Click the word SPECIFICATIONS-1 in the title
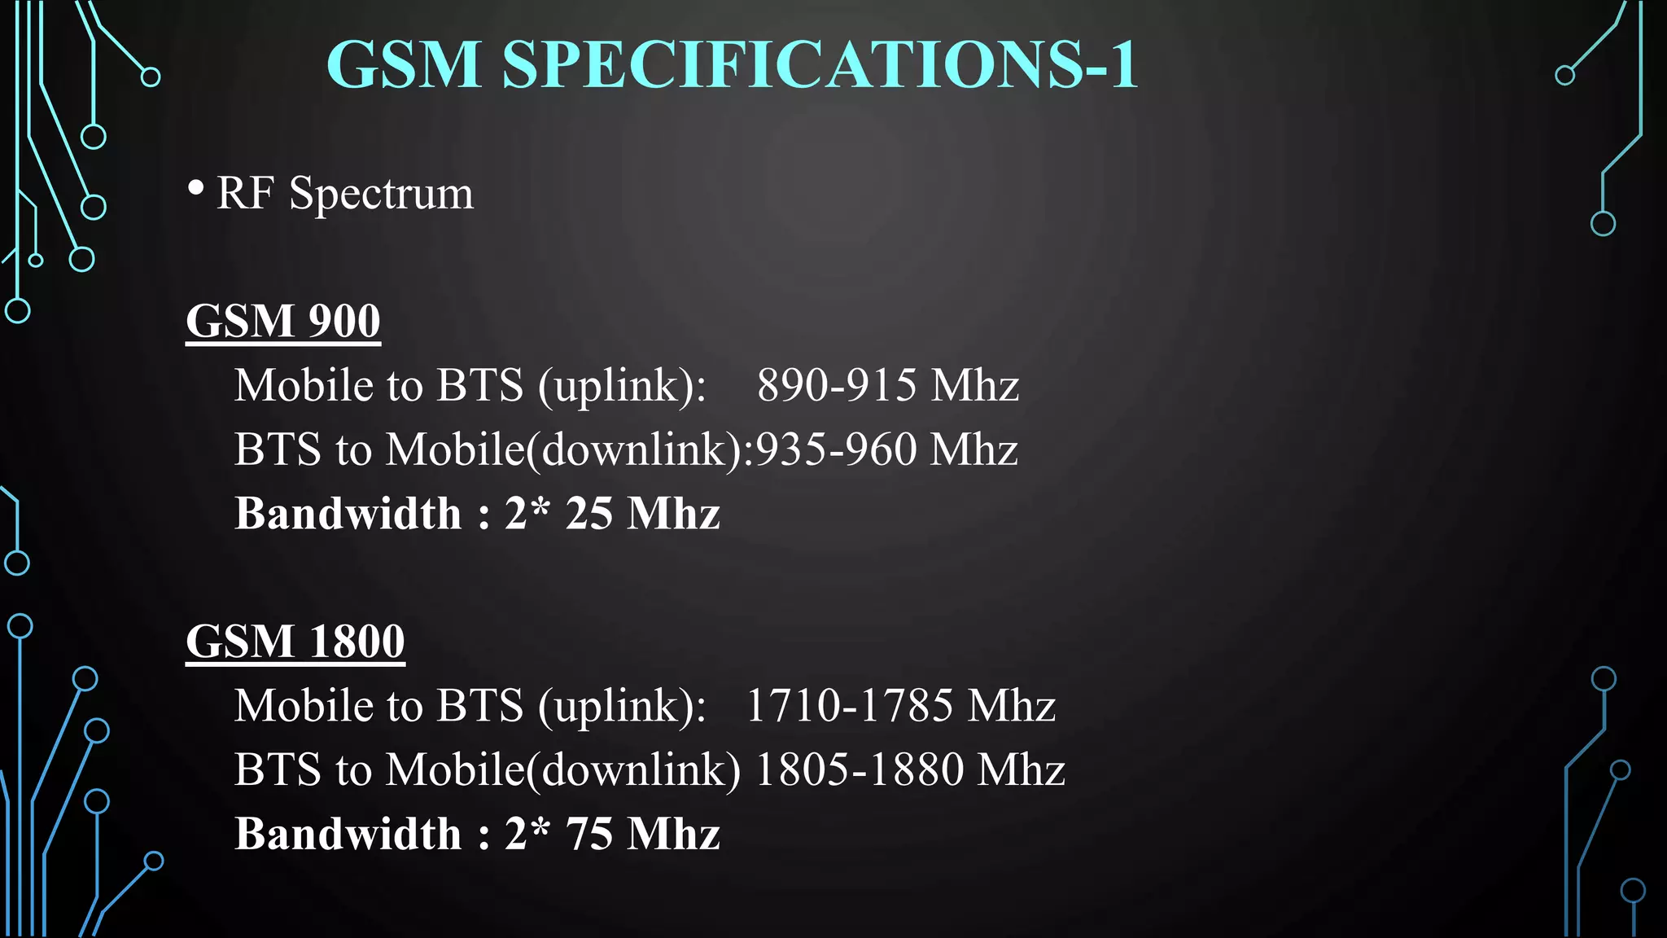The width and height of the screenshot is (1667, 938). click(x=820, y=64)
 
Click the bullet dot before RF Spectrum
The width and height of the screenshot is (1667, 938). click(x=195, y=188)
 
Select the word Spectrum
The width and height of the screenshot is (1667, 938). click(x=381, y=195)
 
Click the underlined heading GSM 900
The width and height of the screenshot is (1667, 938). click(x=283, y=321)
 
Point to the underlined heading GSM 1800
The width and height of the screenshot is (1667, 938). click(x=295, y=642)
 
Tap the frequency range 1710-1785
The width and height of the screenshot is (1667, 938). click(x=849, y=705)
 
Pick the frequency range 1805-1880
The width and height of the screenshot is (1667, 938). click(x=859, y=769)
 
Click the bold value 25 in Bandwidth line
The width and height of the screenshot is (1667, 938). click(x=588, y=514)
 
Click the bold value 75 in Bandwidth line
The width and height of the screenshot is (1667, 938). click(x=588, y=835)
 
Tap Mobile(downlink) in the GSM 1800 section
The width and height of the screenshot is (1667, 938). click(x=562, y=770)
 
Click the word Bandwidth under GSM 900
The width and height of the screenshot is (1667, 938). click(x=348, y=514)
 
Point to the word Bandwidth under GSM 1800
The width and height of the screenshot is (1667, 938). click(x=348, y=835)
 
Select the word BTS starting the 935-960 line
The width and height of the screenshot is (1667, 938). click(x=278, y=449)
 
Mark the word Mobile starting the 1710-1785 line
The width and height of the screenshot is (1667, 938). click(x=297, y=705)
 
